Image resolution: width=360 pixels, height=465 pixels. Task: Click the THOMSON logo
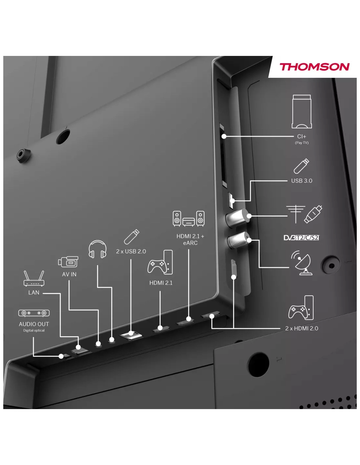pos(314,67)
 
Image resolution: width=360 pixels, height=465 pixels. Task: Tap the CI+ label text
pos(301,137)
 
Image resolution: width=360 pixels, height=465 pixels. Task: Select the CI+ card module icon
pos(301,112)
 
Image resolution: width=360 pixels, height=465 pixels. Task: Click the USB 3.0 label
pos(301,181)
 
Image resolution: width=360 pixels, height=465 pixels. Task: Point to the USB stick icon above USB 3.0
pos(301,166)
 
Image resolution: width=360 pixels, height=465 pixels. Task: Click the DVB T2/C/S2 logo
pos(301,237)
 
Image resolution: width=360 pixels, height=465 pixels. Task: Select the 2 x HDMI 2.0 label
pos(301,328)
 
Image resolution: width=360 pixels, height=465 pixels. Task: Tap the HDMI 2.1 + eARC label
pos(190,239)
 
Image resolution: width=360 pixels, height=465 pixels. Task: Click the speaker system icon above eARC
pos(189,218)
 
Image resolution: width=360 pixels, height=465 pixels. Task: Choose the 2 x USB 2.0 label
pos(131,251)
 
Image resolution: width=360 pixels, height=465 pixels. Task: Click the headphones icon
pos(98,250)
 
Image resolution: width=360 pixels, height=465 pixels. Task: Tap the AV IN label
pos(69,274)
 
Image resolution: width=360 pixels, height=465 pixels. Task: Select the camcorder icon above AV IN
pos(68,262)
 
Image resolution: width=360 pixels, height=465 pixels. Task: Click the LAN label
pos(34,293)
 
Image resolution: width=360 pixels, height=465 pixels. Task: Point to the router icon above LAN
pos(34,279)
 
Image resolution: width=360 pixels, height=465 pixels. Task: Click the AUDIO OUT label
pos(34,324)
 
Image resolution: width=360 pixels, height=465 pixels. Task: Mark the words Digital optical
pos(34,331)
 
